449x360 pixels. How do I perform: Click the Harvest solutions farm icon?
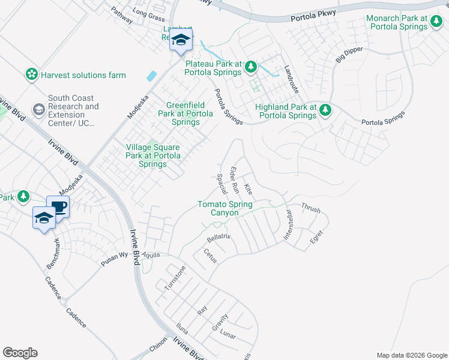[x=31, y=75]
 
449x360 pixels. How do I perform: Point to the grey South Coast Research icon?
[x=38, y=109]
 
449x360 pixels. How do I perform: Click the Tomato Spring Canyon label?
[x=225, y=209]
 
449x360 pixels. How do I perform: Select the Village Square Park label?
[x=152, y=155]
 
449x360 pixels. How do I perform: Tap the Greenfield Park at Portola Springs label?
[x=185, y=113]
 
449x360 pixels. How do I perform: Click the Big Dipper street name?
[x=349, y=55]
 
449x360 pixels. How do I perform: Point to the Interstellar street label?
[x=288, y=226]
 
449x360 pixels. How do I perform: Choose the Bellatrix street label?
[x=219, y=238]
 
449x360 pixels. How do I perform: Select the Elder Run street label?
[x=235, y=179]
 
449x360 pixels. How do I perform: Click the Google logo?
[x=20, y=353]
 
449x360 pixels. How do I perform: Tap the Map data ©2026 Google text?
[x=412, y=355]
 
